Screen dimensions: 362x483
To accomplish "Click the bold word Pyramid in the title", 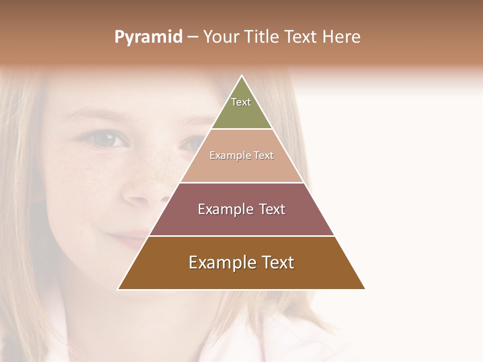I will pos(148,37).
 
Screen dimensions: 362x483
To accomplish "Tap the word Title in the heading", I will pos(263,37).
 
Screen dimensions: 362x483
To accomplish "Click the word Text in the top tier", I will pos(241,102).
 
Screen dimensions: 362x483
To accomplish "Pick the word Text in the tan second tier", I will pos(263,156).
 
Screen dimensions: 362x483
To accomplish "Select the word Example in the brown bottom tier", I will pos(218,262).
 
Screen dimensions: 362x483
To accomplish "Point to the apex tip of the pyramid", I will pos(242,76).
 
